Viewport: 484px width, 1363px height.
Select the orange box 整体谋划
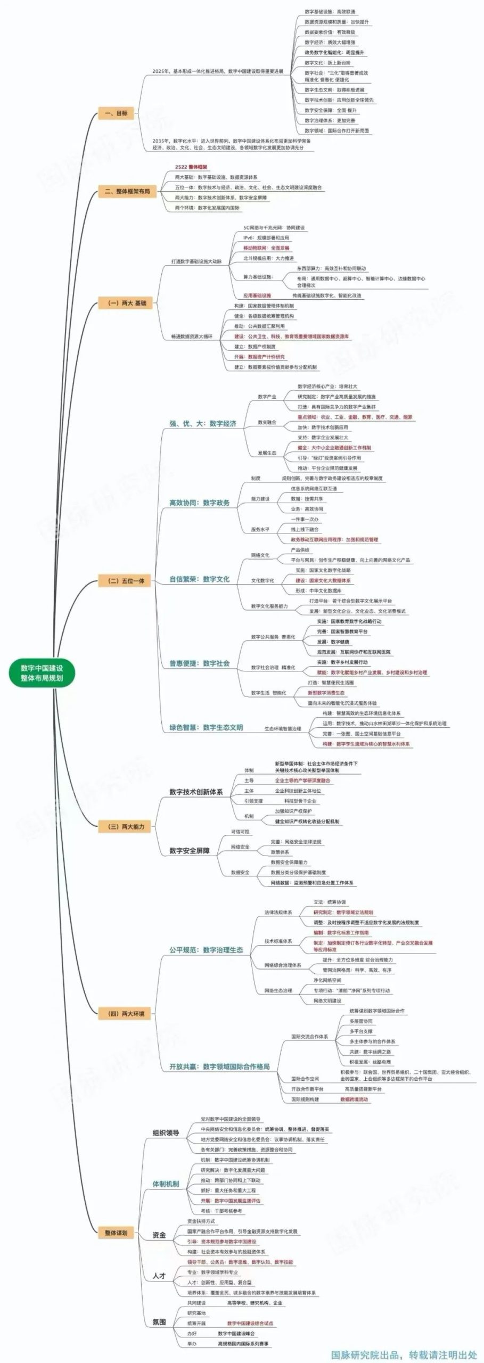[116, 1233]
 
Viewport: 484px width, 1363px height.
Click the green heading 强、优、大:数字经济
[202, 424]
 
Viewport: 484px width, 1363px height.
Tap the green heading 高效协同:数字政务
[199, 503]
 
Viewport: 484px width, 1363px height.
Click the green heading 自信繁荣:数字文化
[199, 579]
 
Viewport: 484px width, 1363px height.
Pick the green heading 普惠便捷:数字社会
[199, 663]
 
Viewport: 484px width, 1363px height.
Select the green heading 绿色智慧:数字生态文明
[206, 727]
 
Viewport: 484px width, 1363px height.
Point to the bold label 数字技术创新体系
[196, 792]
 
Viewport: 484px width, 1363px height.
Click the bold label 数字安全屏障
[189, 850]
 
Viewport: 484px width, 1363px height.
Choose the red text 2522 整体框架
[191, 167]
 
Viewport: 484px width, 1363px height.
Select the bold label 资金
[159, 1235]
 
